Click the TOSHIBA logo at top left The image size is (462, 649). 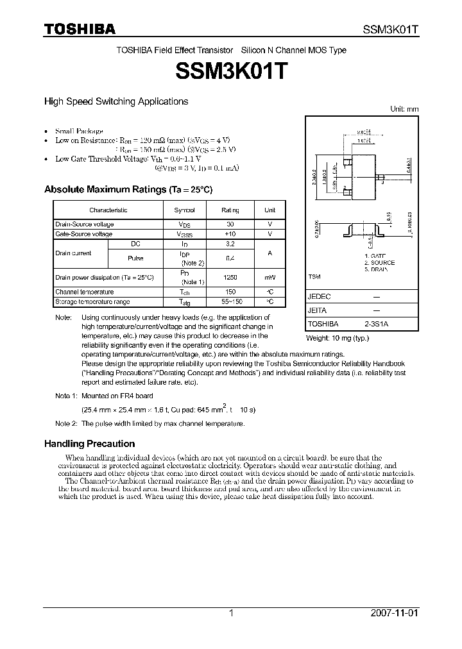tap(79, 28)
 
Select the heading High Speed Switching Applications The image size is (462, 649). tap(116, 101)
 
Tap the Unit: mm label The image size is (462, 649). tap(404, 109)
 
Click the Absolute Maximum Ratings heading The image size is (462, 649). tap(128, 190)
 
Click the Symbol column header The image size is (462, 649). tap(185, 210)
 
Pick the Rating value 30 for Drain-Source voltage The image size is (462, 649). tap(230, 224)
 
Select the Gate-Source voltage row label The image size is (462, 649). tap(84, 235)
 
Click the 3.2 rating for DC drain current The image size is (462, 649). tap(230, 244)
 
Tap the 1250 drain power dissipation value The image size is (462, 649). tap(230, 277)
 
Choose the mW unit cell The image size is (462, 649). tap(270, 277)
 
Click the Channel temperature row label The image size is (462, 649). tap(84, 292)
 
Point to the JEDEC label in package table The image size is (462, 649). tap(319, 298)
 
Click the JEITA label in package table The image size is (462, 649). tap(318, 311)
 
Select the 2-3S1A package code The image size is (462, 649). tap(375, 324)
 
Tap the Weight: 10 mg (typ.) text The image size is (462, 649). tap(338, 337)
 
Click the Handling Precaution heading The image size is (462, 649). tap(89, 444)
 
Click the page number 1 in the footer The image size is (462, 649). tap(231, 613)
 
